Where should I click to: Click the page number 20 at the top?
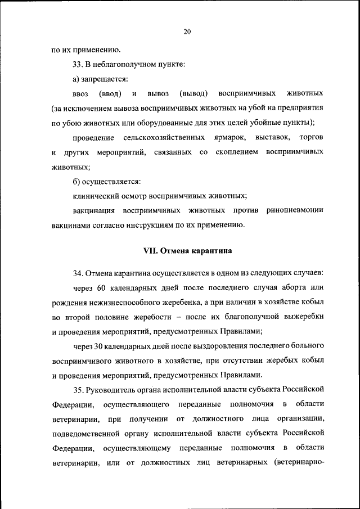coord(187,31)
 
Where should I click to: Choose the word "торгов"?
coord(311,138)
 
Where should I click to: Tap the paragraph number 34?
coord(78,274)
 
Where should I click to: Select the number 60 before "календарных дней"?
coord(101,289)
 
